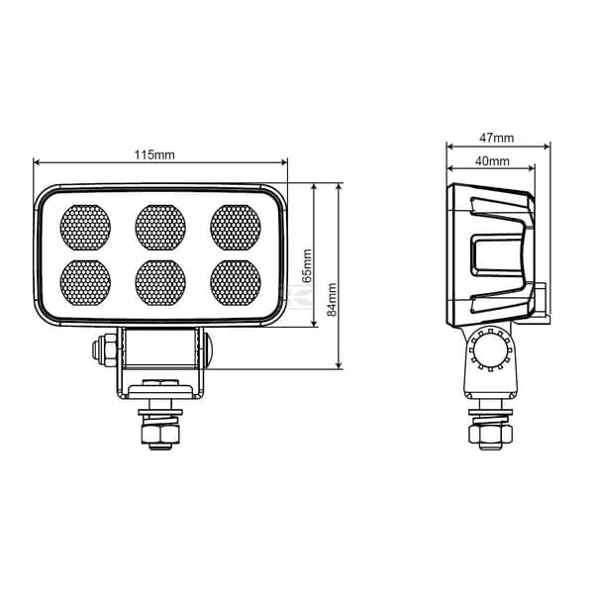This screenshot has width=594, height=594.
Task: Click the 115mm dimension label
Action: pos(154,155)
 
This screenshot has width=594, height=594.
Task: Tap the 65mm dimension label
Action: pos(307,265)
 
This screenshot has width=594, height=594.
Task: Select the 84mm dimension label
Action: pos(332,299)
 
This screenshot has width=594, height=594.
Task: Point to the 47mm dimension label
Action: pos(497,138)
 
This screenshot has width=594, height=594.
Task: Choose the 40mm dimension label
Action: pos(492,161)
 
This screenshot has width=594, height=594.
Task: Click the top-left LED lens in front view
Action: pos(85,228)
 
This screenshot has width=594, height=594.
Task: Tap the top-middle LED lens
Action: pos(160,228)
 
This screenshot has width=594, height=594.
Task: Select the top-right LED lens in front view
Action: pos(236,228)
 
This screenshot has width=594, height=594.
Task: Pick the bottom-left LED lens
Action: pos(85,283)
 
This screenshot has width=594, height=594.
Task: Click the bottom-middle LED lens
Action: pos(160,283)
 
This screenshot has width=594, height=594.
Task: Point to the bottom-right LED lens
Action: pos(236,283)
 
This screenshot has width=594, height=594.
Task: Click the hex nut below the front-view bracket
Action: pos(160,435)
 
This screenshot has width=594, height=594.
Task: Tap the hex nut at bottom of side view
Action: pos(491,434)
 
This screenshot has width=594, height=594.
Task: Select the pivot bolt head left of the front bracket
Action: pos(104,349)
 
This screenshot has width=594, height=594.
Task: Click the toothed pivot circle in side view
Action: pos(490,349)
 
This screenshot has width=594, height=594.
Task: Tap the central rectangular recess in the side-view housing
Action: pos(497,255)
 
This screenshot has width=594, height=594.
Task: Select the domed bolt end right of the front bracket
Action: pos(208,349)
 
